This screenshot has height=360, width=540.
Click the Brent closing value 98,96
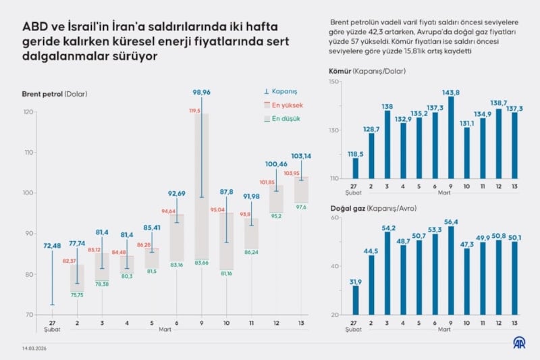[202, 92]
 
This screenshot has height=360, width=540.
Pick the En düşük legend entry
[283, 118]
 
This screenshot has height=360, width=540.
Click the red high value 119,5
[196, 110]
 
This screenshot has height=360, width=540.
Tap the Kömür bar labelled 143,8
[451, 138]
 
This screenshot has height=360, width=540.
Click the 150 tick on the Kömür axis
[333, 82]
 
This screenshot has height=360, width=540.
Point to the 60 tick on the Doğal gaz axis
[335, 217]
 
